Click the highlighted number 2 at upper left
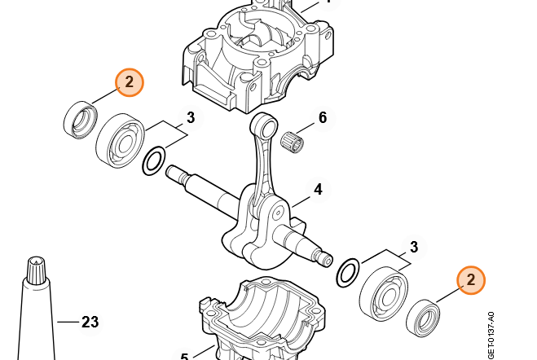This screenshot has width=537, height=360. click(130, 82)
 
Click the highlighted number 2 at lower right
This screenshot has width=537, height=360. click(471, 281)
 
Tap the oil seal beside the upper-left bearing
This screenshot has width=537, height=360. click(80, 119)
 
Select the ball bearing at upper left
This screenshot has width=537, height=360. click(121, 138)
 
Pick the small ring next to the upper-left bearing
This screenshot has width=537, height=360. click(154, 161)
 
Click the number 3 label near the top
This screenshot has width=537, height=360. click(191, 118)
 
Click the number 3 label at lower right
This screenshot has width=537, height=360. click(414, 247)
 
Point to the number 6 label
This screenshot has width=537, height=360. click(323, 118)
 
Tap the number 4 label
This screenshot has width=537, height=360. click(318, 190)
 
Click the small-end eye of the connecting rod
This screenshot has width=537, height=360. click(262, 125)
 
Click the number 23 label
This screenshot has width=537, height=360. click(90, 323)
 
